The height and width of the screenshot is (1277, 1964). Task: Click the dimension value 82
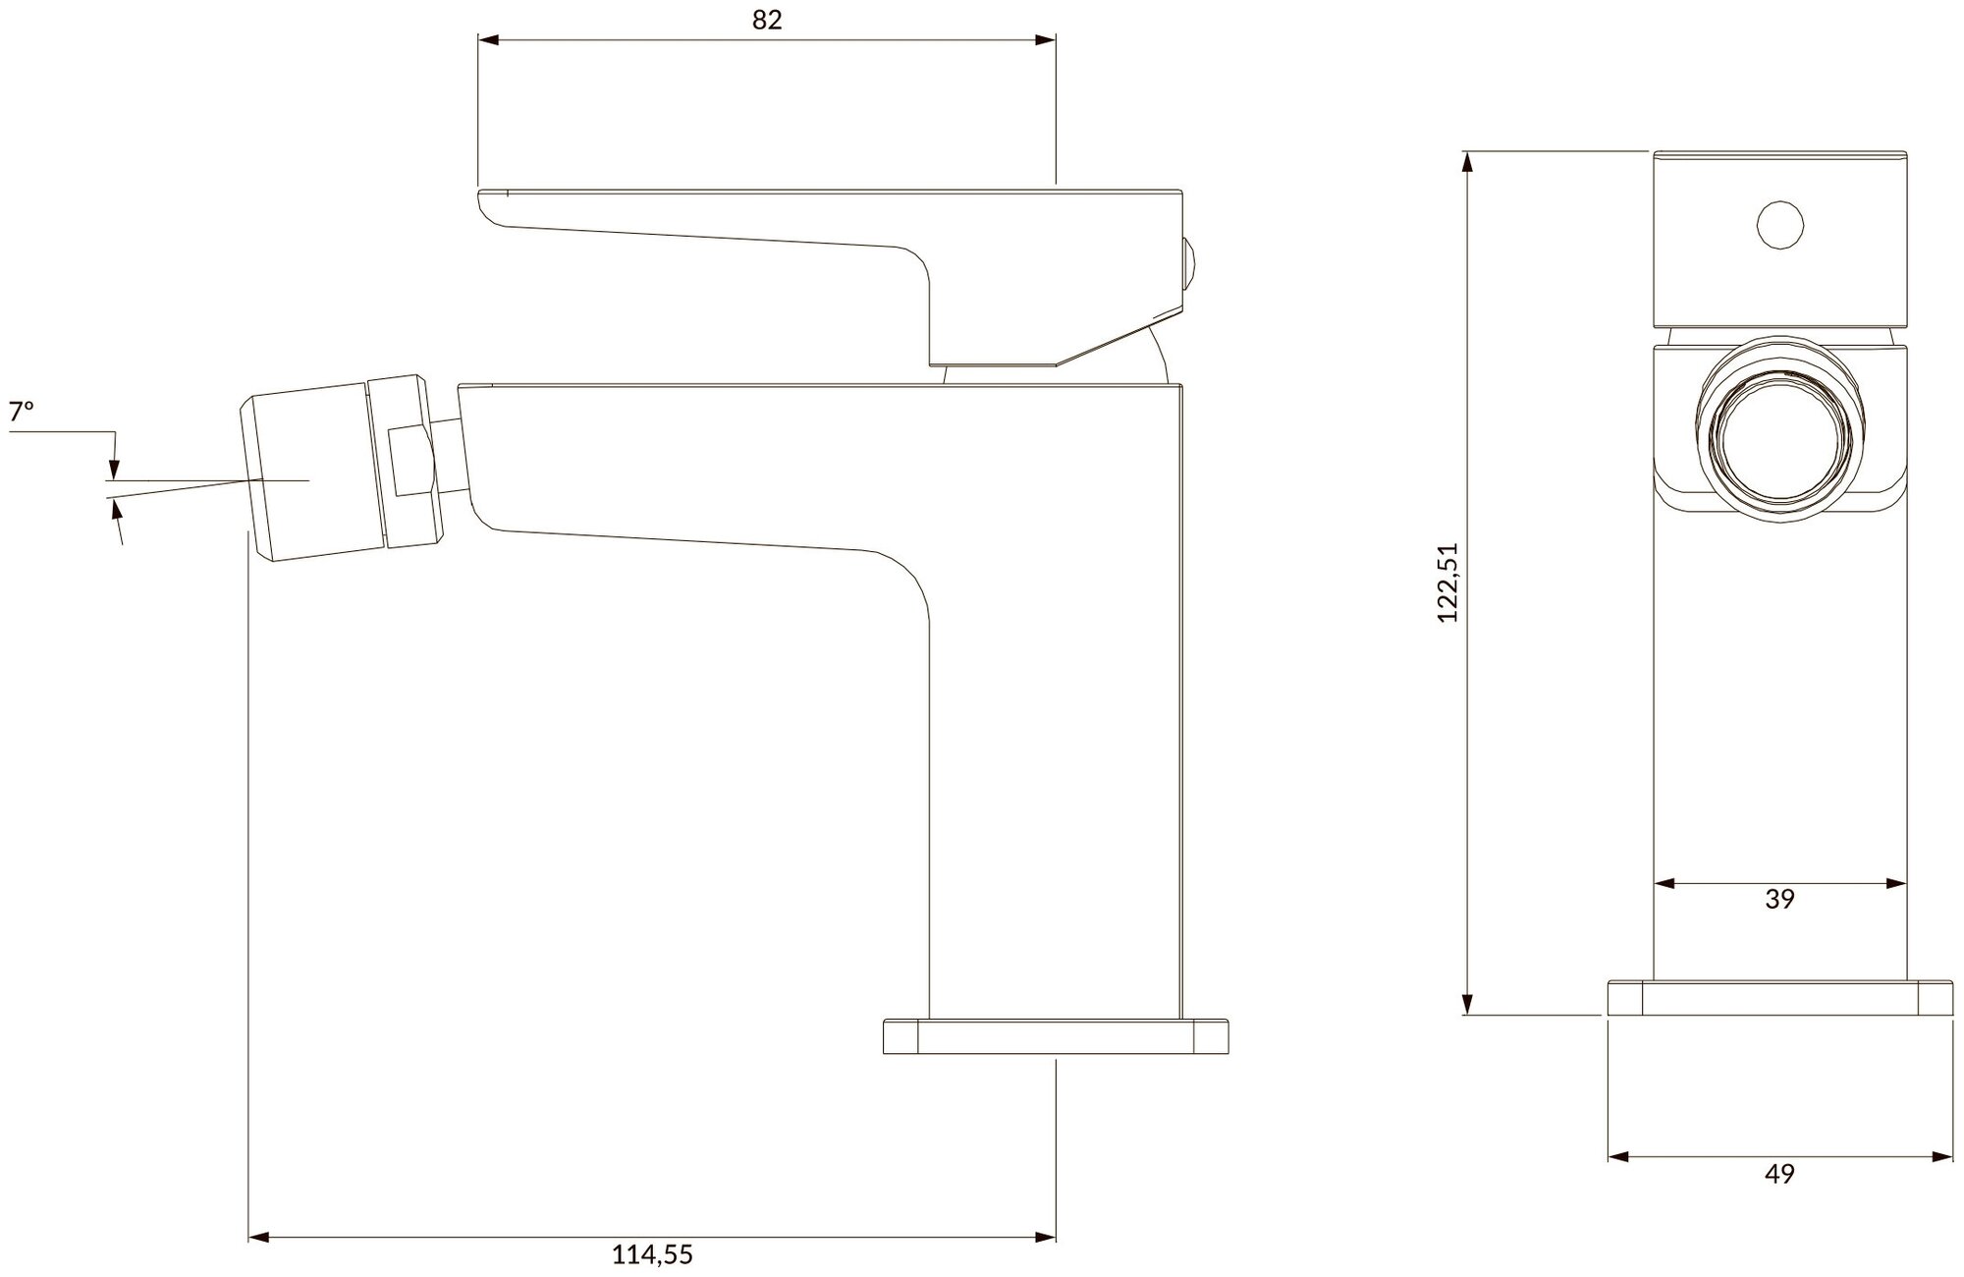tap(767, 20)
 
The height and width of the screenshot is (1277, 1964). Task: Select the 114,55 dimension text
tap(653, 1254)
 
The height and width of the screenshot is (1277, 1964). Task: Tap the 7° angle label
tap(22, 412)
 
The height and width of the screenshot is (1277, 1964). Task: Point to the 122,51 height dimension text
tap(1448, 583)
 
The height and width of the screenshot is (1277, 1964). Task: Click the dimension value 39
tap(1779, 899)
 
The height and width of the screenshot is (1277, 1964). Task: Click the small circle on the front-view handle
tap(1780, 226)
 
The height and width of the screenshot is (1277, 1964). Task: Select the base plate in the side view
tap(1056, 1038)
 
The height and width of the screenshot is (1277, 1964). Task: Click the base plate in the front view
tap(1779, 997)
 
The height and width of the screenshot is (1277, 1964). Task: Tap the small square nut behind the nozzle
tap(410, 462)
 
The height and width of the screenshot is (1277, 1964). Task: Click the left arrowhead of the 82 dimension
tap(488, 40)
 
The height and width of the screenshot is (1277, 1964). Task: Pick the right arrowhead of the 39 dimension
tap(1896, 884)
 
